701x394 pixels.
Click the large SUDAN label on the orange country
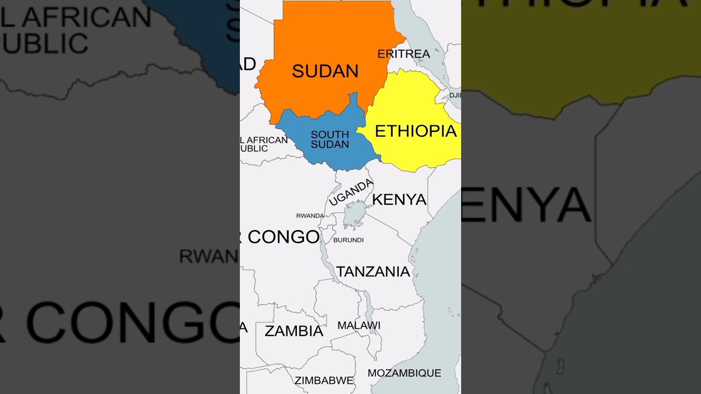tap(325, 71)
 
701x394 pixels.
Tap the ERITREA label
tap(404, 54)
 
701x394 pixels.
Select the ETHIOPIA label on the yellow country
tap(415, 131)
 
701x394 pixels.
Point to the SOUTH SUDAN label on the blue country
tap(330, 140)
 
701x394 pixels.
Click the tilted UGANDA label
tap(351, 193)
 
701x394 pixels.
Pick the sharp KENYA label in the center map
tap(399, 200)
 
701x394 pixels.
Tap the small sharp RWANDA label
tap(310, 216)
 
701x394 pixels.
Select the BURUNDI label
tap(348, 240)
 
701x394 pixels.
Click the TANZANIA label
tap(373, 271)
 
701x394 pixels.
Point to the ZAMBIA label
tap(294, 331)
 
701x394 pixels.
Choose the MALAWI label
tap(359, 326)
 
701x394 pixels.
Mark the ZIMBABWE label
tap(324, 381)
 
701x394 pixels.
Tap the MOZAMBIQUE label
tap(404, 373)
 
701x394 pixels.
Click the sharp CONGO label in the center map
tap(283, 237)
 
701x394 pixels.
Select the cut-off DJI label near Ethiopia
tap(455, 95)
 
